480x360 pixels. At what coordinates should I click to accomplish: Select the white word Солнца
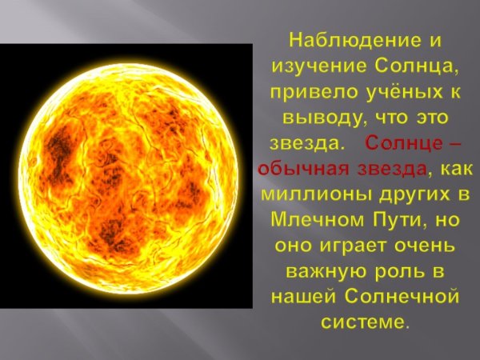403,66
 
